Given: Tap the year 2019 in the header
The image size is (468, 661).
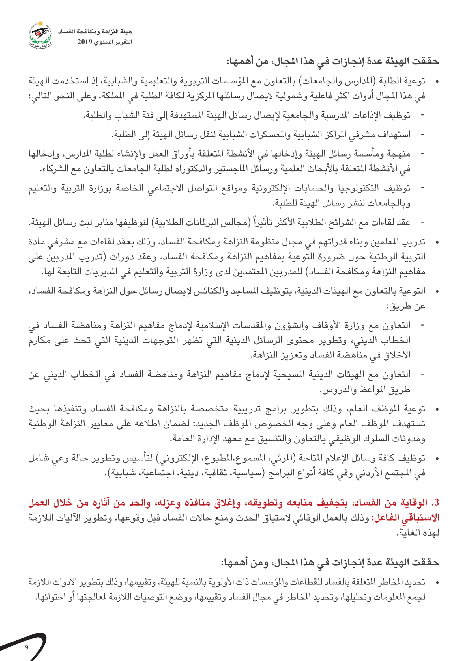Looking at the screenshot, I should tap(84, 42).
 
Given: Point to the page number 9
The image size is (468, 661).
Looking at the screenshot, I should tap(27, 647).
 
